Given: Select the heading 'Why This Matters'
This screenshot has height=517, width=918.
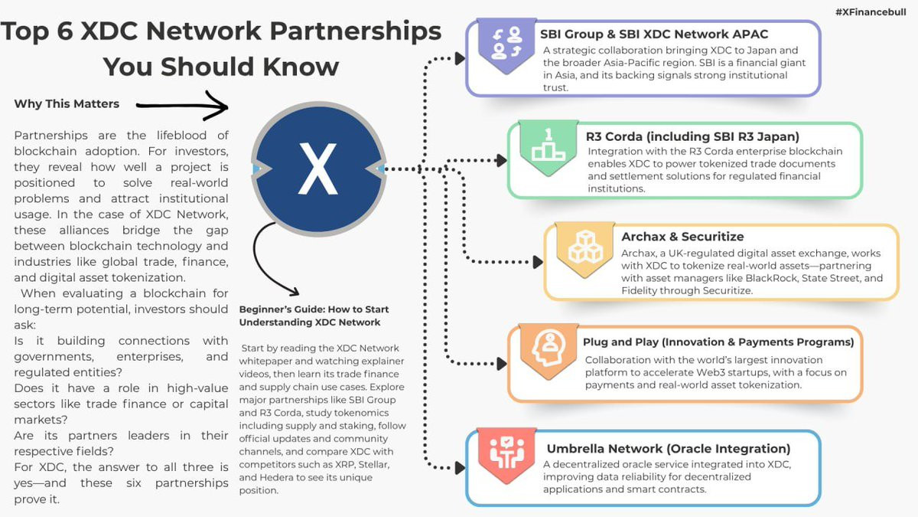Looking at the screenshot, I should click(67, 104).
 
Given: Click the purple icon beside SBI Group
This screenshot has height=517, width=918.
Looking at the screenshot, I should click(506, 44).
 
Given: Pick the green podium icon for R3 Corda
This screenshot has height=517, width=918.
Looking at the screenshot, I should click(548, 146).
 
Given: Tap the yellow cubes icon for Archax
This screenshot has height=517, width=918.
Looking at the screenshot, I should click(585, 247).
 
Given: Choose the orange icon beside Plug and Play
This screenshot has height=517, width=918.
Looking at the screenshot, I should click(549, 349).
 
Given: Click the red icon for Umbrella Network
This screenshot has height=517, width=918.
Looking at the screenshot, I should click(506, 452).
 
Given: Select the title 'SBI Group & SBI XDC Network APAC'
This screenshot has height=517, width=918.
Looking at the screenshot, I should click(654, 34).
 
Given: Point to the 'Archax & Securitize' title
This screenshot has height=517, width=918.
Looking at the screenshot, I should click(682, 237).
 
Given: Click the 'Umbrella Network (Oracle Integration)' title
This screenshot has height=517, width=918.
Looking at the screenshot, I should click(668, 449).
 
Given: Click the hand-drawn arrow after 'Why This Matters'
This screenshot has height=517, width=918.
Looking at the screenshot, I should click(184, 105).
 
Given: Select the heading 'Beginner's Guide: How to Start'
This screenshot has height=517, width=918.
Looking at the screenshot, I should click(314, 309).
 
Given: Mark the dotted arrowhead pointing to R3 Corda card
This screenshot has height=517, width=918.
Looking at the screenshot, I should click(501, 160).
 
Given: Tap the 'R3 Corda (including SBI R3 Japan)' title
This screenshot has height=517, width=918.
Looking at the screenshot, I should click(692, 136).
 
